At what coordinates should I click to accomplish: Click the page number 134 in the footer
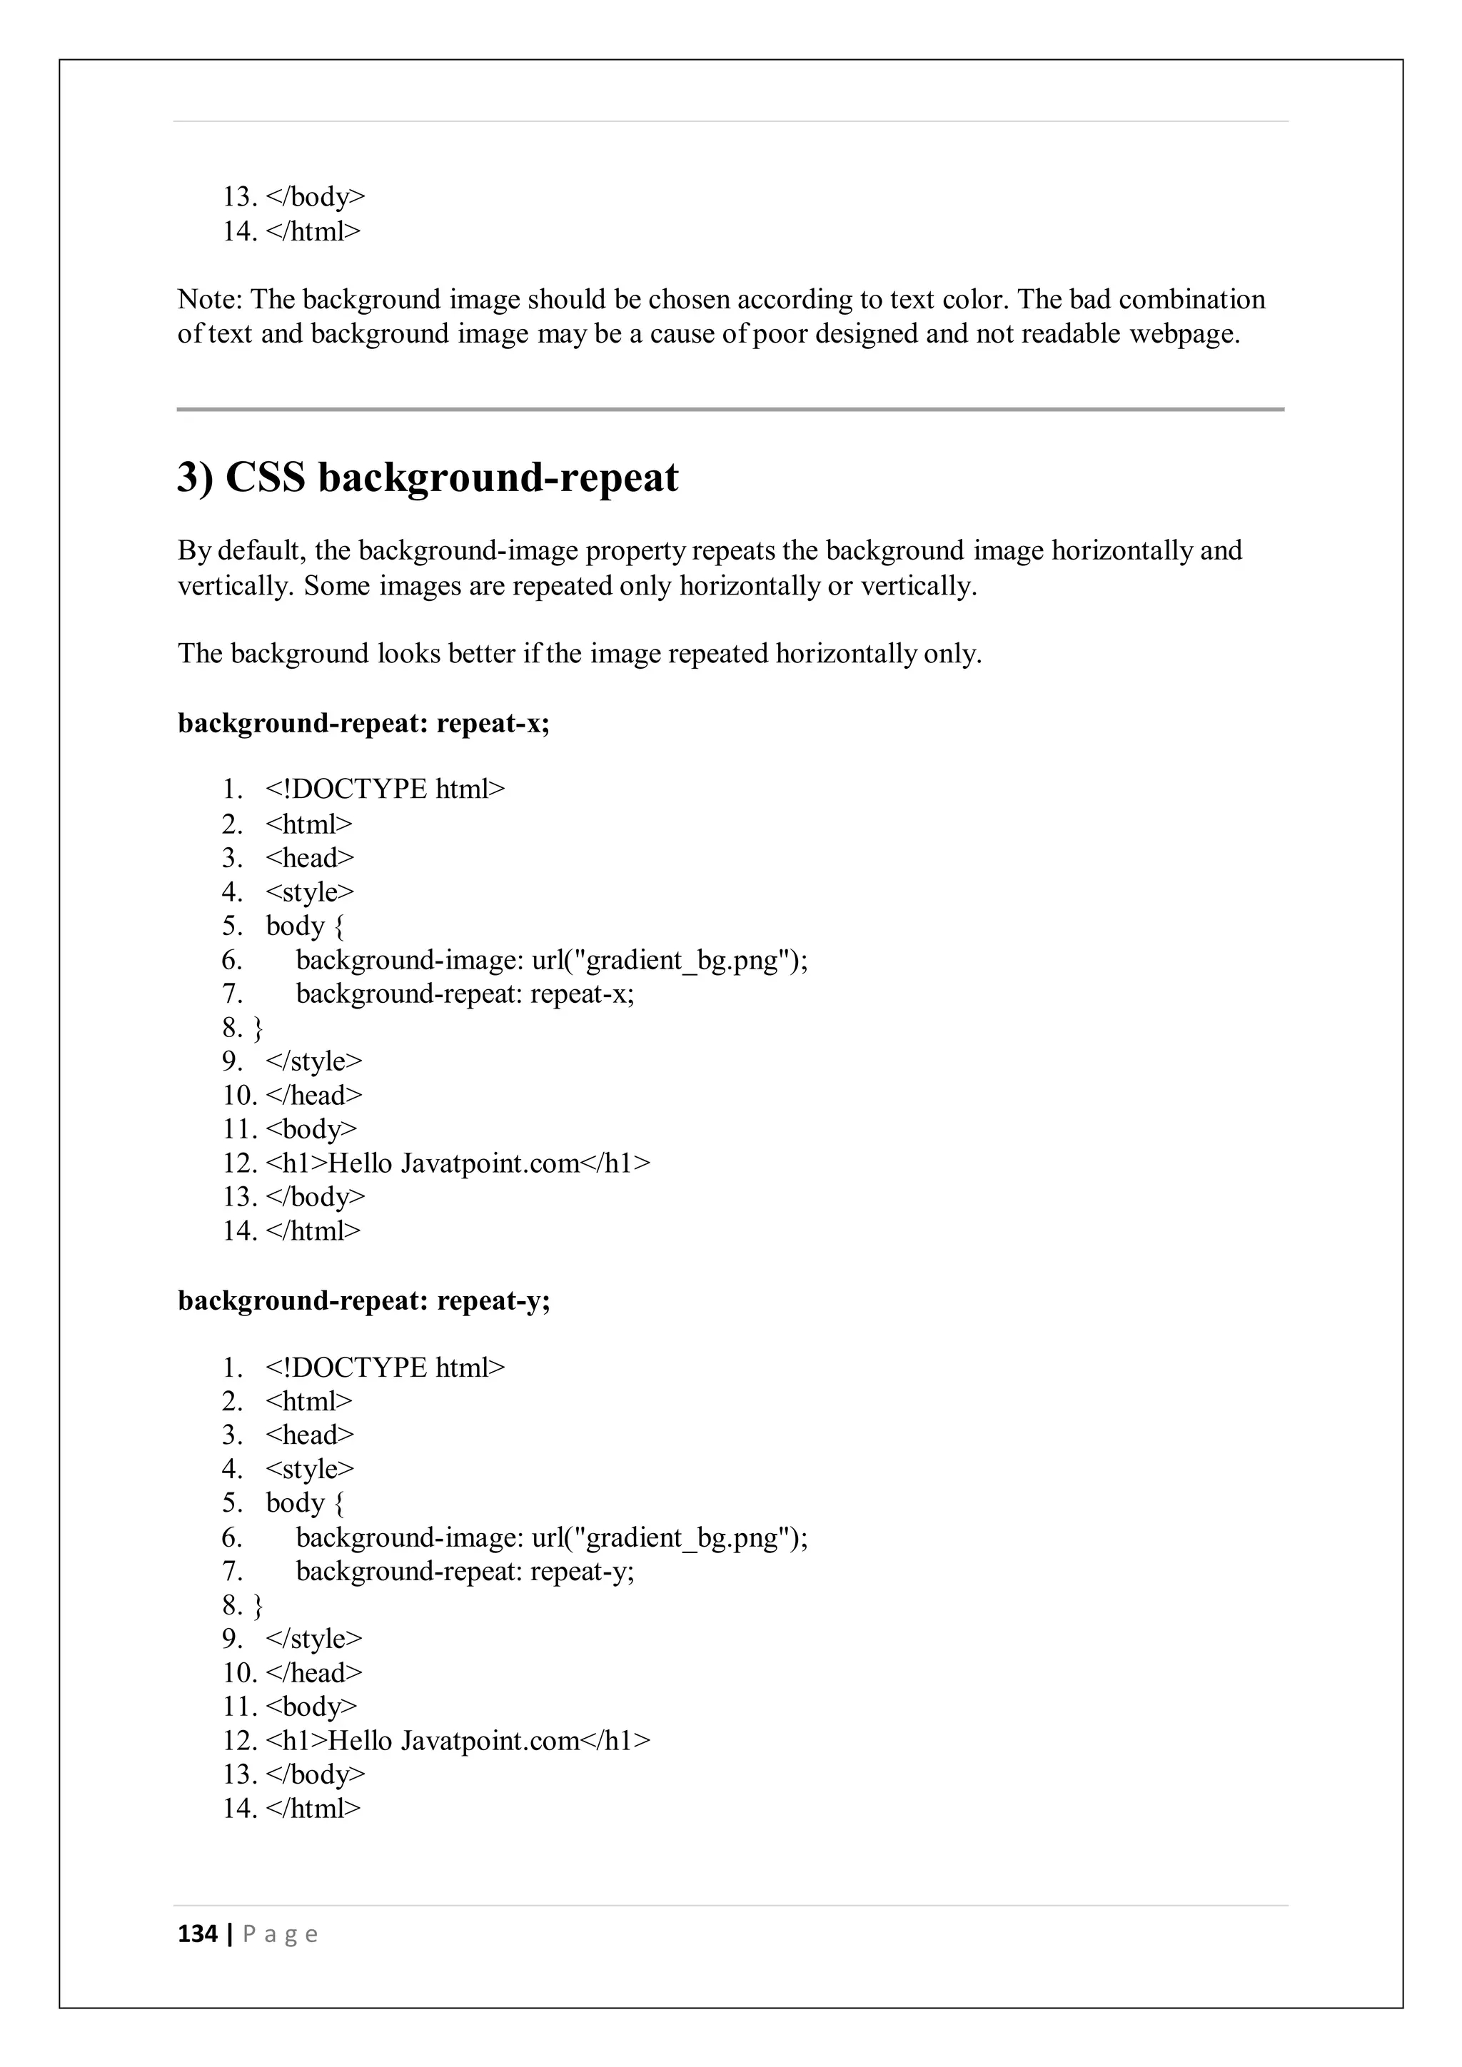197,1934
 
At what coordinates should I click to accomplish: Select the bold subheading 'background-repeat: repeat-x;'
363,723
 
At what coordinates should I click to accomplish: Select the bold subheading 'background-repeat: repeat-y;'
363,1301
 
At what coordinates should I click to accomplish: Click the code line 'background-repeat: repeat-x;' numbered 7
465,994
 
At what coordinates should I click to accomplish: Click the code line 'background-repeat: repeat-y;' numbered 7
465,1571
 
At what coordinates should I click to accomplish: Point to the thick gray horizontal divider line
730,410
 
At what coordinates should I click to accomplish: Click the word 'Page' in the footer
280,1935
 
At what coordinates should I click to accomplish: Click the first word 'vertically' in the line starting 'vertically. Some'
235,586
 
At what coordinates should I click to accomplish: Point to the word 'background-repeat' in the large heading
498,477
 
